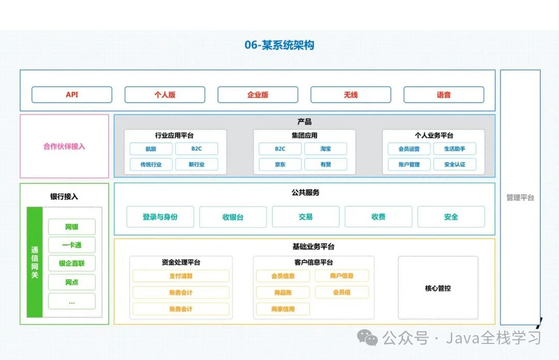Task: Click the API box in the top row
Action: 71,95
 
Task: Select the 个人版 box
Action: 165,95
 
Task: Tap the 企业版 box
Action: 258,95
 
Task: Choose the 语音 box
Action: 444,95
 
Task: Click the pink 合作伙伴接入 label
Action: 64,147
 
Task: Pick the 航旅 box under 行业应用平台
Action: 151,149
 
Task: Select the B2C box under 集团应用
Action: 280,149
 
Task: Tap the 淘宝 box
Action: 326,149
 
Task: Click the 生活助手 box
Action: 454,149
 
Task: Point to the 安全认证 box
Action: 454,165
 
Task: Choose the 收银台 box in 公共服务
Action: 233,217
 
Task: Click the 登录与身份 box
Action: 160,217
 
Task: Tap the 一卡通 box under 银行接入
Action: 71,245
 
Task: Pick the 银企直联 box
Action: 71,263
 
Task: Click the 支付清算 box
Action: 181,276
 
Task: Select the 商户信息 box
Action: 342,276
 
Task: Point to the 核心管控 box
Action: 438,288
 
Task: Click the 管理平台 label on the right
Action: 520,197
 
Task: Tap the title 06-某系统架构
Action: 279,45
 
